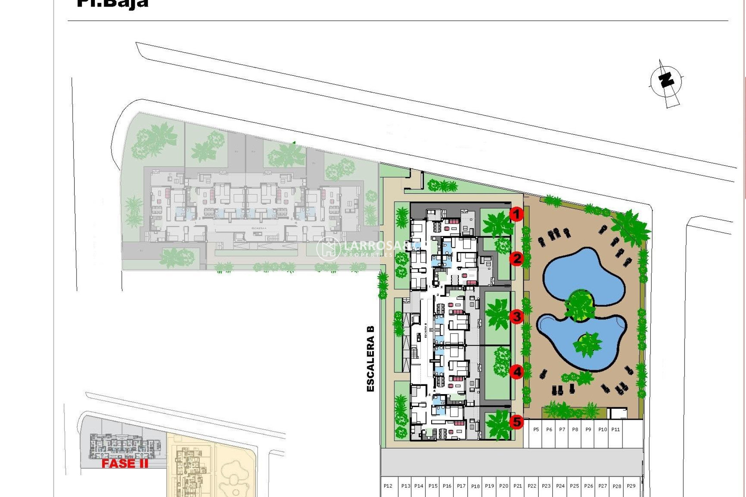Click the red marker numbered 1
coord(516,214)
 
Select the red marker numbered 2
coord(516,259)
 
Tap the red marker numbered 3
coord(516,316)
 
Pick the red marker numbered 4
coord(516,372)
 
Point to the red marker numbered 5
coord(516,422)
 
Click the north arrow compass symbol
coord(666,82)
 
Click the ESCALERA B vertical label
coord(370,358)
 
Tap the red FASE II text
coord(125,463)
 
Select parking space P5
coord(536,430)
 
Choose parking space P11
coord(615,430)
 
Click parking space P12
coord(388,486)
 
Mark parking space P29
coord(631,486)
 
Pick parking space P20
coord(504,486)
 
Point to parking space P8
coord(575,430)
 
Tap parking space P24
coord(560,486)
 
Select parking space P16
coord(447,486)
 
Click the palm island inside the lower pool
coord(587,343)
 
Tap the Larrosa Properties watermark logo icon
coord(329,248)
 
